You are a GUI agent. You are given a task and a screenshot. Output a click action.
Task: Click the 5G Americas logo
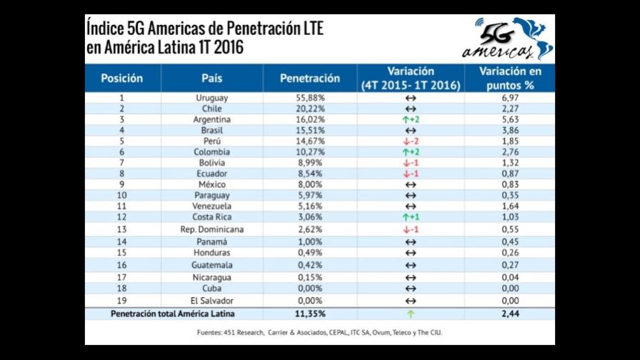pos(506,39)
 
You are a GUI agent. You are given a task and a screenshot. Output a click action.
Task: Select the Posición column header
pos(121,78)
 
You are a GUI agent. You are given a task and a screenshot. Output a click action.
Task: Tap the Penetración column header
pos(309,78)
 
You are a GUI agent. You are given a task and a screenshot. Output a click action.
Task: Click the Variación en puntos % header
pos(509,78)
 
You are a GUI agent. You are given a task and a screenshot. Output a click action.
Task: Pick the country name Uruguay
pos(211,97)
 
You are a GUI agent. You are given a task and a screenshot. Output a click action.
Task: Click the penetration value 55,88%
pos(310,97)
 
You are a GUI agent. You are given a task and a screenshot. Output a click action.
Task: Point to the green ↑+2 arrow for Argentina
pos(410,119)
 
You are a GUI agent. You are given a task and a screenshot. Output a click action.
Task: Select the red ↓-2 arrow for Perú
pos(410,141)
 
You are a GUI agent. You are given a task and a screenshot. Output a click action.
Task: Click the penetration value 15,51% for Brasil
pos(310,131)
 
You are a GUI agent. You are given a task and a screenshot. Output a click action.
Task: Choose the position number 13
pos(121,229)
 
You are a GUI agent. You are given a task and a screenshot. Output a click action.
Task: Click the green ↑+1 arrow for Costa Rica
pos(410,216)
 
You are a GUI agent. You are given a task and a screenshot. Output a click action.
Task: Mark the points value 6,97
pos(509,97)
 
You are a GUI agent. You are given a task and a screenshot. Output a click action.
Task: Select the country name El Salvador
pos(211,301)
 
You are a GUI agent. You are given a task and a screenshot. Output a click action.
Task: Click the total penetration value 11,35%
pos(310,314)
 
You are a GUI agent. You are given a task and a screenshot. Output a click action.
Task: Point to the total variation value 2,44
pos(509,314)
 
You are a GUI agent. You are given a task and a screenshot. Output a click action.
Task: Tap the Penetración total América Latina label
pos(174,314)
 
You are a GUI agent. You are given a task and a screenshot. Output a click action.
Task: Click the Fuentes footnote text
pos(320,332)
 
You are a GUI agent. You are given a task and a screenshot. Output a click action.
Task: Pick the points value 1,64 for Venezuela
pos(509,206)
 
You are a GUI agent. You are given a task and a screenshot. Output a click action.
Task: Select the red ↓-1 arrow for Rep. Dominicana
pos(410,229)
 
